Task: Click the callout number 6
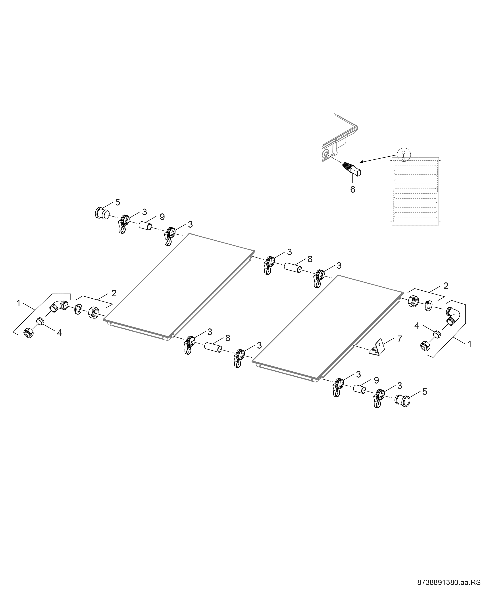point(352,189)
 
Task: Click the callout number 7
point(400,339)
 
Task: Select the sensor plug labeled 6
point(351,169)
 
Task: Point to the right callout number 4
point(417,326)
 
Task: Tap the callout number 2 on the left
point(114,293)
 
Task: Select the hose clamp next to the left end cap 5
point(123,223)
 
